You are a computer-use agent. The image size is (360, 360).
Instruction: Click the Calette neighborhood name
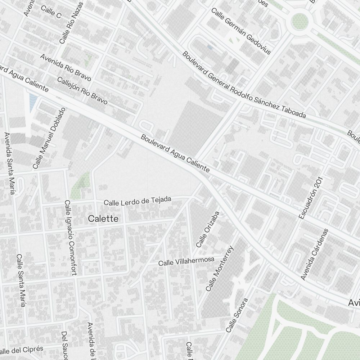(103, 219)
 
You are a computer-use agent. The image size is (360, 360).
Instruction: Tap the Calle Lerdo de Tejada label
(137, 201)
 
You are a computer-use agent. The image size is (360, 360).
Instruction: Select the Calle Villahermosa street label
(186, 261)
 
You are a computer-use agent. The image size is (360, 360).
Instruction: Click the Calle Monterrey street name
(220, 269)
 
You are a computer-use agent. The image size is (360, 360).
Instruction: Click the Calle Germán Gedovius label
(240, 31)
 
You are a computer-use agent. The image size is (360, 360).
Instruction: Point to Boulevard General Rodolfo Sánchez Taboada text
(244, 85)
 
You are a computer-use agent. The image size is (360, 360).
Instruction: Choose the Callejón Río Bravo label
(82, 90)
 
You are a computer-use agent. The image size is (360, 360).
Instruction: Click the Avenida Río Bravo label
(66, 67)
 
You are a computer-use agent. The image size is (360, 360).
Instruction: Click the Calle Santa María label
(21, 281)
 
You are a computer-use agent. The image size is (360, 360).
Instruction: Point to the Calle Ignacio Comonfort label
(71, 238)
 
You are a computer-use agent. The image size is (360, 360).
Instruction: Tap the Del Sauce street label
(64, 345)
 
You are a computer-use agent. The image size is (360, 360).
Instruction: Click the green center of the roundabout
(300, 21)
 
